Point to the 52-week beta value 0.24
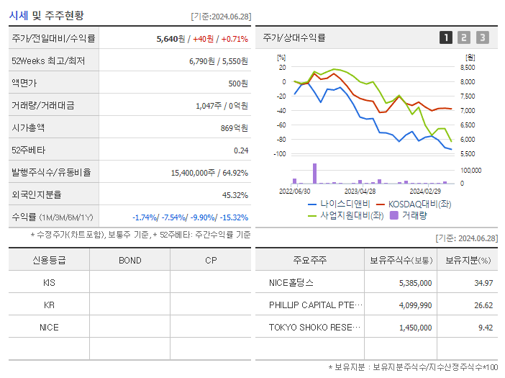tap(240, 150)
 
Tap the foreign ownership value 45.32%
tap(235, 194)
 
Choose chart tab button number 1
tap(446, 37)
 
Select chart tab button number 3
tap(482, 37)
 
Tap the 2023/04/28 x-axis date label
tap(360, 192)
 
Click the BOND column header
tap(129, 260)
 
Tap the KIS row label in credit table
tap(49, 283)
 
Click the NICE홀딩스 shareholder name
tap(291, 283)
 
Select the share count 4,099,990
tap(412, 305)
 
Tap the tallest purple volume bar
tap(314, 174)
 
